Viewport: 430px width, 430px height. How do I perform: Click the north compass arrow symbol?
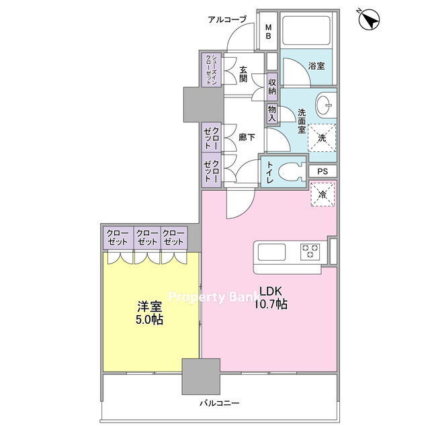369,19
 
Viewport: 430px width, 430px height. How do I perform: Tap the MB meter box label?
268,32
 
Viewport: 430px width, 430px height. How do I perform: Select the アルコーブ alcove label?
227,19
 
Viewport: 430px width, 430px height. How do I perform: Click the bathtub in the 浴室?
306,31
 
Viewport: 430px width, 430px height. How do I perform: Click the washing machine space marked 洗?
322,138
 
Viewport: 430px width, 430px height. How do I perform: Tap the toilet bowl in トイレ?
291,172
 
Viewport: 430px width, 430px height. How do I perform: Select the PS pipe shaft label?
322,171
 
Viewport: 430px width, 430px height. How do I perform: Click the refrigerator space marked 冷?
322,194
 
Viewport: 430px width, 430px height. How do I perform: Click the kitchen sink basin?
271,252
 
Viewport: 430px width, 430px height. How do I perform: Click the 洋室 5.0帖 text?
150,313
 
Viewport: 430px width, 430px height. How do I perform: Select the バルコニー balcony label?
220,403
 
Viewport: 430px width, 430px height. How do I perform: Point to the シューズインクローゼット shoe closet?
212,70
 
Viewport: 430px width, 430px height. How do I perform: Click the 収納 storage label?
272,87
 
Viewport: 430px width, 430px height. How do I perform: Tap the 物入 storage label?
271,114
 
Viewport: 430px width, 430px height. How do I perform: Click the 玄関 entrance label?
243,74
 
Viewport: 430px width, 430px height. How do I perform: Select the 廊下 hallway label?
247,137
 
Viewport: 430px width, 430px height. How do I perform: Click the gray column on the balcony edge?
201,376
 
